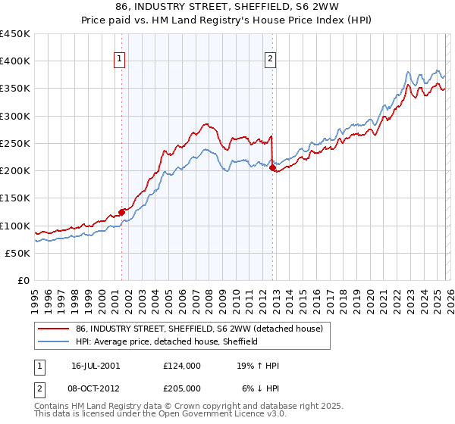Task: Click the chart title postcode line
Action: tap(227, 8)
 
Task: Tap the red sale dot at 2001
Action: tap(121, 213)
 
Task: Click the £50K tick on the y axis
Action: tap(17, 253)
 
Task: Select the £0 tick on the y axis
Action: tap(23, 280)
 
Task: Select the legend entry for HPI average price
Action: tap(167, 341)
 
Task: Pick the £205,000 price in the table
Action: tap(182, 389)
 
